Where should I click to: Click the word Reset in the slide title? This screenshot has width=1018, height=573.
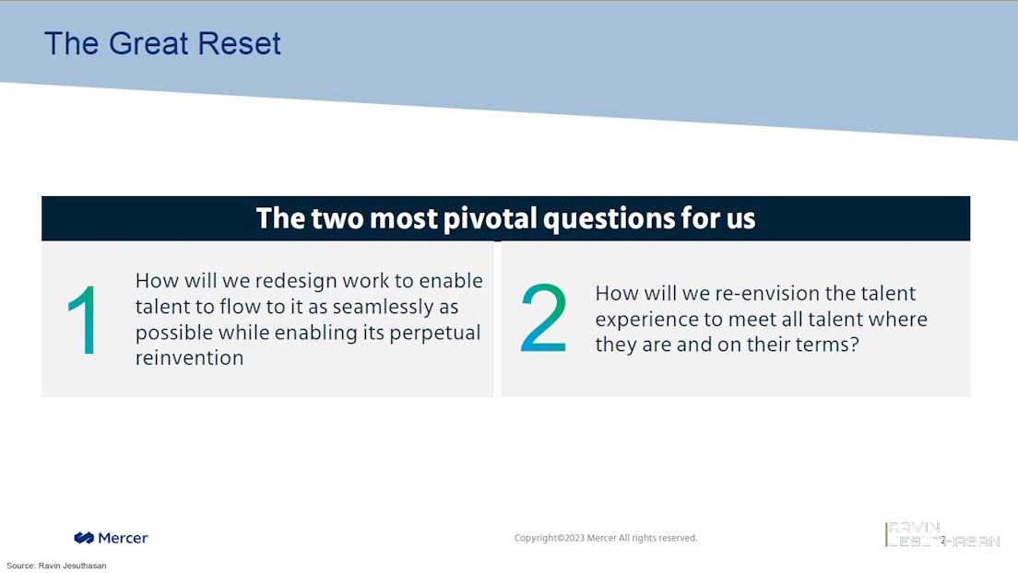tap(239, 43)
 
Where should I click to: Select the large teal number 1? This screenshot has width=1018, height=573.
tap(83, 320)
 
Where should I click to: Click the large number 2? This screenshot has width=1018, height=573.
tap(544, 317)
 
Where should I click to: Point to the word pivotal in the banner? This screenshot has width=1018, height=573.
tap(491, 218)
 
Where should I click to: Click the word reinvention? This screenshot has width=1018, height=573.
tap(190, 357)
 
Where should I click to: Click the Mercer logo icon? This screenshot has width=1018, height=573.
tap(84, 537)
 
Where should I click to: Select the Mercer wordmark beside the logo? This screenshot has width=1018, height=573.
tap(123, 538)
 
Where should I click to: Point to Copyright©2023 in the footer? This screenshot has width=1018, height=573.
tap(550, 538)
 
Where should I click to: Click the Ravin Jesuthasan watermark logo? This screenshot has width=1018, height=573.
tap(942, 534)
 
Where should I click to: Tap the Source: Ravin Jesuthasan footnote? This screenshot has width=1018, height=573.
tap(56, 566)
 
